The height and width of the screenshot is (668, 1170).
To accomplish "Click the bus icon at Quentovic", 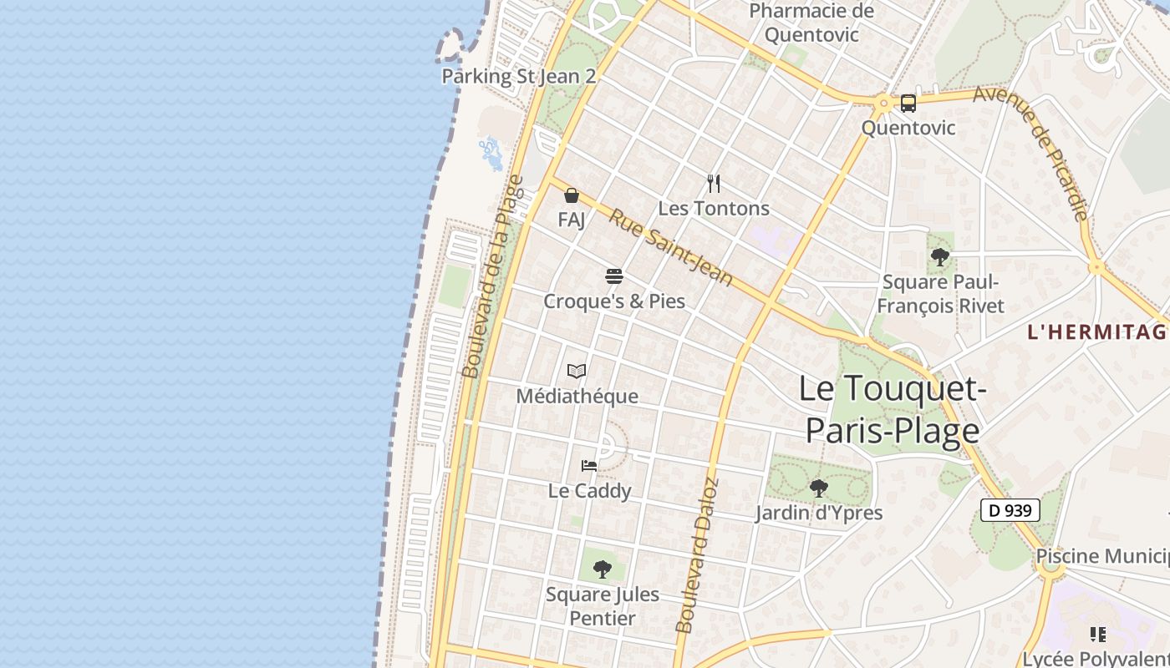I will tap(908, 104).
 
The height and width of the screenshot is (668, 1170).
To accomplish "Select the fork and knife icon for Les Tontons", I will tap(714, 184).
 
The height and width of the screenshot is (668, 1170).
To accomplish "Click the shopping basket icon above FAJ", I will tap(572, 195).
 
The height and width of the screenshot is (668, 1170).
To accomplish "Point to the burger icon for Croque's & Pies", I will tap(614, 276).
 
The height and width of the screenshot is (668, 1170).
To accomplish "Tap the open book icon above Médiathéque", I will tap(577, 372).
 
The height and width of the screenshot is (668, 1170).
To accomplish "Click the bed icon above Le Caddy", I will tap(589, 466).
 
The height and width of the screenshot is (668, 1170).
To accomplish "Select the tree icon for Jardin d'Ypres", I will tap(819, 488).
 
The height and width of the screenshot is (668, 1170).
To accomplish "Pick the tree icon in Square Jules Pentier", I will tap(602, 569).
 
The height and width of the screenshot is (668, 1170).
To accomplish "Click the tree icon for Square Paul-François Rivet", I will tap(940, 256).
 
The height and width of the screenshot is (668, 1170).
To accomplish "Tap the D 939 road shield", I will tap(1010, 510).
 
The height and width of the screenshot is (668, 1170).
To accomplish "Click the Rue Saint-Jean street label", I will tap(670, 247).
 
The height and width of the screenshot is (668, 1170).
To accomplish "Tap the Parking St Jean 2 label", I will tap(518, 77).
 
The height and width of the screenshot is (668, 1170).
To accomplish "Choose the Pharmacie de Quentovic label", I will tap(811, 23).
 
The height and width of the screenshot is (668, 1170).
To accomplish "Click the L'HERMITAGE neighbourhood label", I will tap(1096, 331).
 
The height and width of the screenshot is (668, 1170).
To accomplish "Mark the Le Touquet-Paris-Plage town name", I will tap(891, 409).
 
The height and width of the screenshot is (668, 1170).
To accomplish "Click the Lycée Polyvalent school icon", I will tap(1098, 635).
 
